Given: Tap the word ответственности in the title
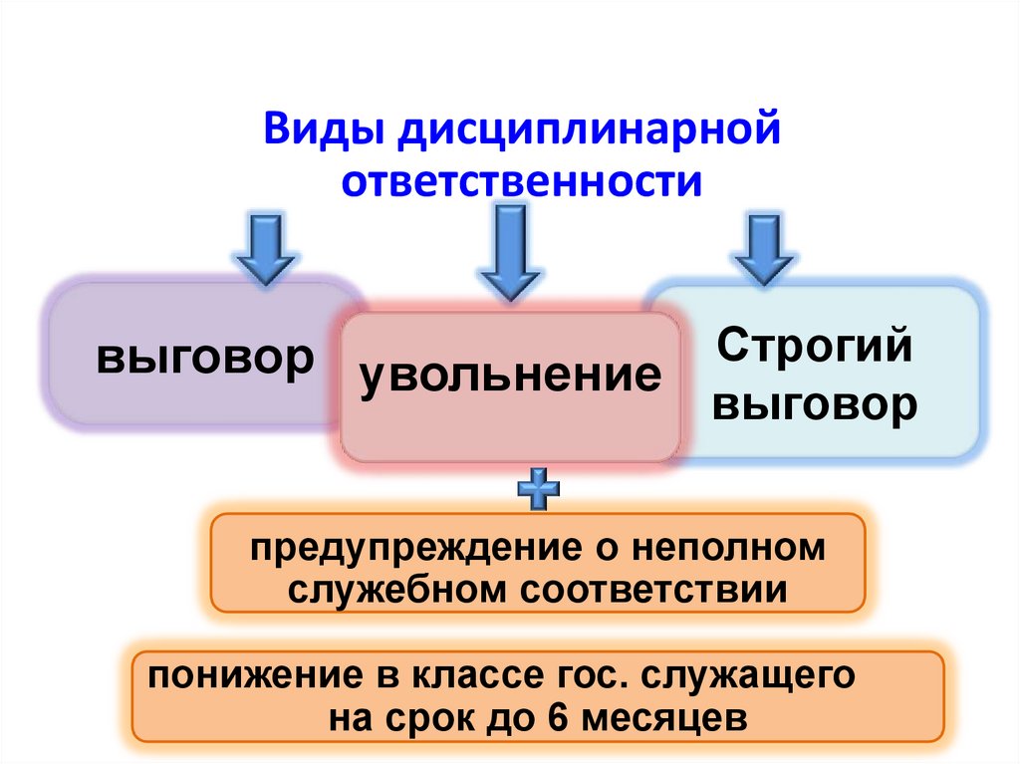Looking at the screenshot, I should tap(523, 182).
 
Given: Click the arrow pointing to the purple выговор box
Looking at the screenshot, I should tap(264, 249).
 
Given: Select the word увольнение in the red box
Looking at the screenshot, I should tap(510, 376).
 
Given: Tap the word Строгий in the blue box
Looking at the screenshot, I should tap(815, 348).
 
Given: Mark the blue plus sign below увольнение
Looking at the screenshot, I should tap(539, 488).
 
